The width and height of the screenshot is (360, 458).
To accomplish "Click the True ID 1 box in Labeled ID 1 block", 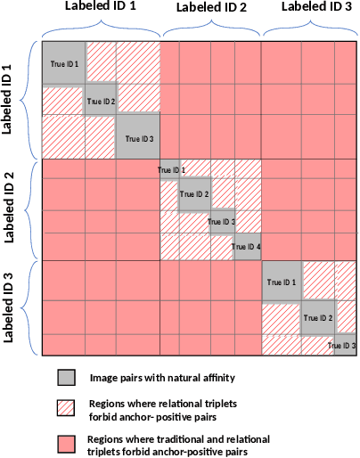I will (64, 63).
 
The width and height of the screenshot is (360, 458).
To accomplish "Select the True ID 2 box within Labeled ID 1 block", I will (101, 101).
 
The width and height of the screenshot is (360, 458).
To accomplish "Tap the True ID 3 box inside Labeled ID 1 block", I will (138, 138).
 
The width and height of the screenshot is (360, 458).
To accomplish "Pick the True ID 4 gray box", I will (247, 247).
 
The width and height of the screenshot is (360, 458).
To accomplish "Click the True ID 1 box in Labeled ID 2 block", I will (170, 169).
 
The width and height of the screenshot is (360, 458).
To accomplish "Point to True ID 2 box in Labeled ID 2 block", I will (194, 194).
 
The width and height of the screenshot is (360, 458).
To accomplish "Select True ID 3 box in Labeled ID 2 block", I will (222, 222).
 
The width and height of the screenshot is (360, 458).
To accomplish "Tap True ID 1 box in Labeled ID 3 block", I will (281, 282).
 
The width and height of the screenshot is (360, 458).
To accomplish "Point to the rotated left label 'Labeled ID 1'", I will (9, 98).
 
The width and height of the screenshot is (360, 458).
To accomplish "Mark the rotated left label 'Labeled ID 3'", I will (9, 308).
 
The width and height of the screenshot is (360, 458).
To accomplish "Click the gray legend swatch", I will (66, 377).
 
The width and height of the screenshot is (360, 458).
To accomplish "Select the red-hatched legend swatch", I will (66, 406).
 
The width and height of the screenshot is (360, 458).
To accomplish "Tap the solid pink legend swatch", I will (66, 443).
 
